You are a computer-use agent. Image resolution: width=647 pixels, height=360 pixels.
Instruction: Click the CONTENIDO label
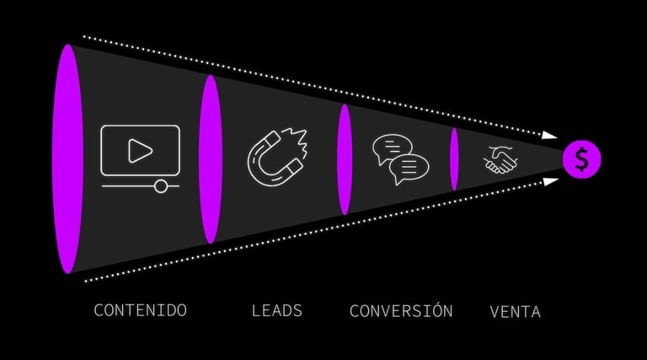point(140,310)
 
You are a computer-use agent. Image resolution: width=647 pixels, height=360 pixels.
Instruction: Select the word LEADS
point(277,310)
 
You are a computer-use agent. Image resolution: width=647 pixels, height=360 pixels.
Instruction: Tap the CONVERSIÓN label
point(401,310)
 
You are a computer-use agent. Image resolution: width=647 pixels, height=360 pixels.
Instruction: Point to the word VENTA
point(515,312)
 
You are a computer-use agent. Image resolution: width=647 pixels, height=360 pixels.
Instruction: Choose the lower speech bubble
point(410,169)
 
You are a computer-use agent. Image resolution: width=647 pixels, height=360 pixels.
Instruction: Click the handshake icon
point(500,159)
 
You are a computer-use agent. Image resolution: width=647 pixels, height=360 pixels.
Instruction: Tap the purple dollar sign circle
point(582,159)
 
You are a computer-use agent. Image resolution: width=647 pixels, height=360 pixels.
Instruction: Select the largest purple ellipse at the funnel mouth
point(67,159)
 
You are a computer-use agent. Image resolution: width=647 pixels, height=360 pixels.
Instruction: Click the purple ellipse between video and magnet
point(211,159)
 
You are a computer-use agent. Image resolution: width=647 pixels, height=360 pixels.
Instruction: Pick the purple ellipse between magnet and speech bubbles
point(344,159)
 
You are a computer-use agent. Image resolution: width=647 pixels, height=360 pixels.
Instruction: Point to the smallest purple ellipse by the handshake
point(454,159)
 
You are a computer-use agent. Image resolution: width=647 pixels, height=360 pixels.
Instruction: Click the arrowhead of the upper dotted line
point(550,134)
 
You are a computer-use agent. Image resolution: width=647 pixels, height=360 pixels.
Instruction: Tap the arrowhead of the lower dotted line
point(550,181)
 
